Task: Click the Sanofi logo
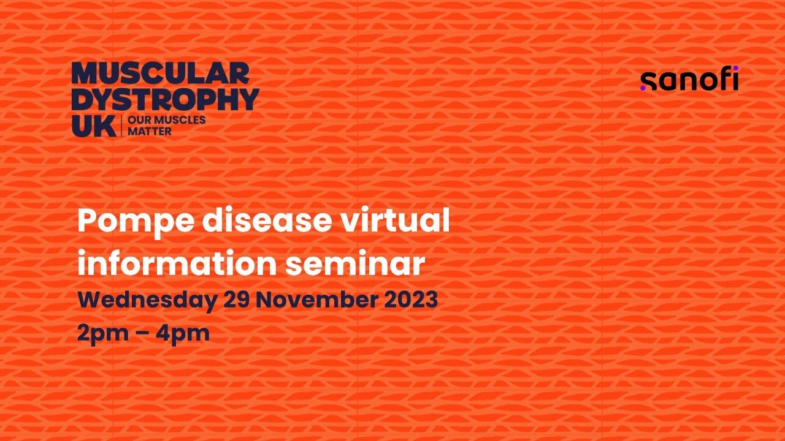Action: pos(689,80)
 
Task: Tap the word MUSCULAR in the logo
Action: pos(161,73)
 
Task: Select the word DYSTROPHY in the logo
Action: pos(165,99)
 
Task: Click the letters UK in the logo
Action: pos(93,126)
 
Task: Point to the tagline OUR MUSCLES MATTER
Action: pos(166,126)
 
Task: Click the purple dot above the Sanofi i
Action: pos(735,68)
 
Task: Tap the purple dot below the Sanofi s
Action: pos(643,88)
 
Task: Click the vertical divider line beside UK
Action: pos(123,126)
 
